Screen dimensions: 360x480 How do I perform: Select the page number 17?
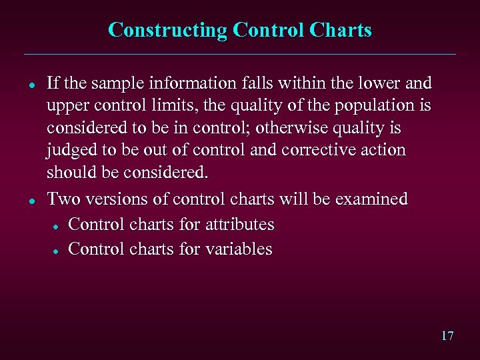click(447, 335)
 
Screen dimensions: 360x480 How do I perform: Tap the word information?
click(198, 83)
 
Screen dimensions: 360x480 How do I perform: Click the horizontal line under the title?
click(240, 54)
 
